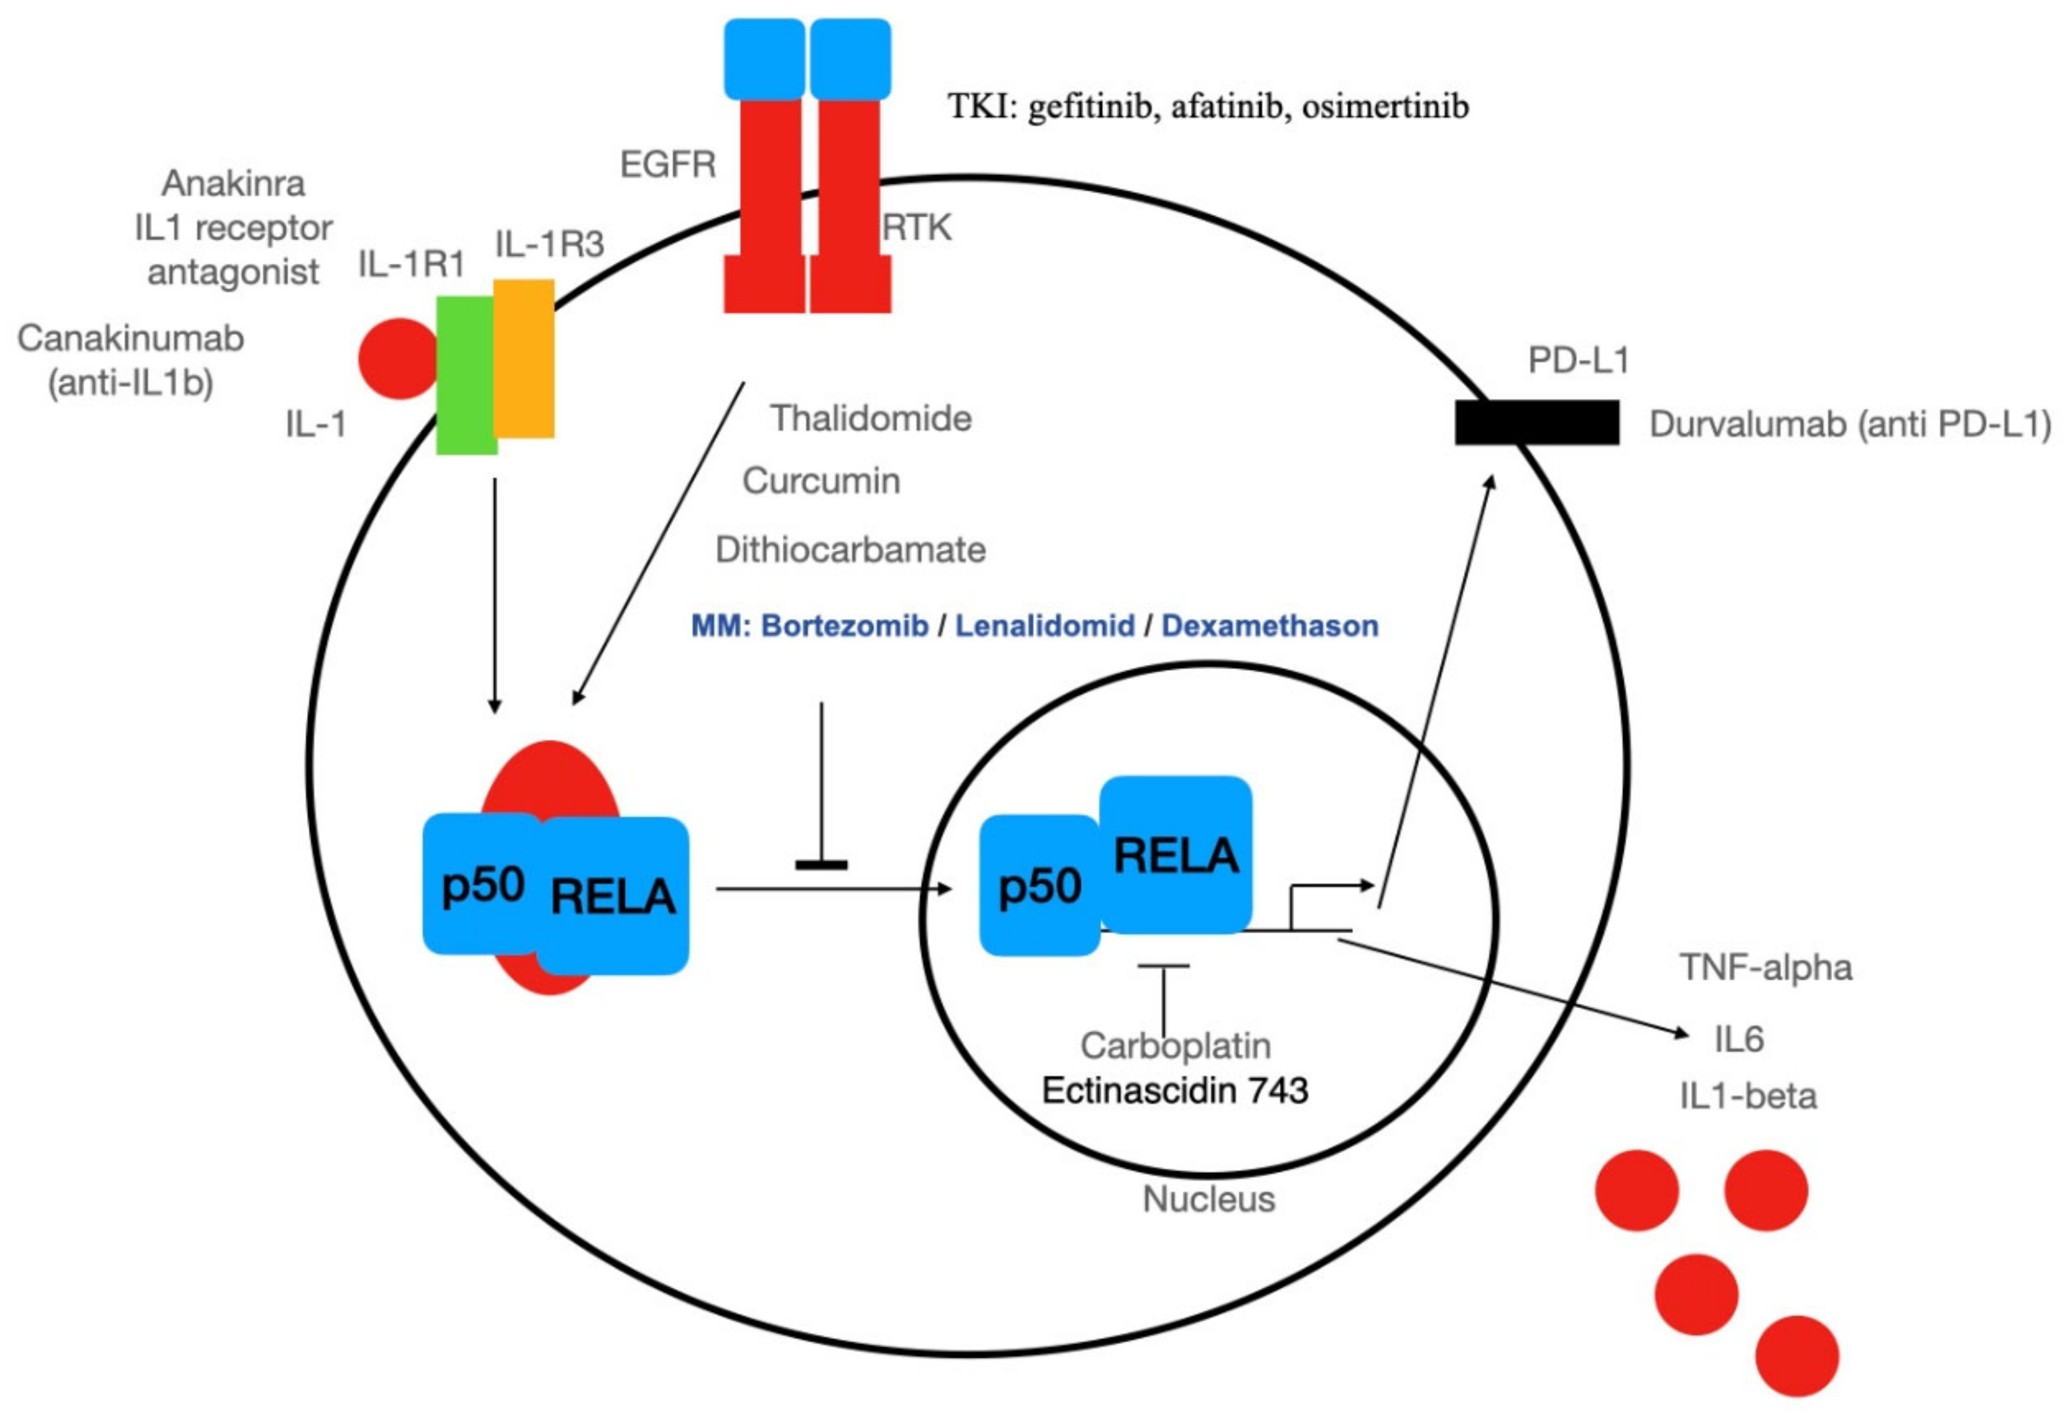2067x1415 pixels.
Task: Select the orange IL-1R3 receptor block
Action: coord(524,359)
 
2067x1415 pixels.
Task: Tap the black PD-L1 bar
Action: coord(1536,421)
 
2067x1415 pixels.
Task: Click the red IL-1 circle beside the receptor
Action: coord(398,359)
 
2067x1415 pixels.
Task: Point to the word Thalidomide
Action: coord(871,418)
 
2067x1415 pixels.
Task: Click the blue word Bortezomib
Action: coord(845,626)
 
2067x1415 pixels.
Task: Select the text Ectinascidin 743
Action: coord(1175,1091)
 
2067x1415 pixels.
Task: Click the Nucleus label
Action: coord(1208,1200)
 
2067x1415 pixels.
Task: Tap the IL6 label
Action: coord(1738,1039)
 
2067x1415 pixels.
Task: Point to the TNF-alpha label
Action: coord(1766,968)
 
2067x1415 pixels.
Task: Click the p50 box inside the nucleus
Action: coord(1039,886)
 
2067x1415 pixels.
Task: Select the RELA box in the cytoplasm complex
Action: coord(613,895)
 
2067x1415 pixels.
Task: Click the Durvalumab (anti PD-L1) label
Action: coord(1849,425)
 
